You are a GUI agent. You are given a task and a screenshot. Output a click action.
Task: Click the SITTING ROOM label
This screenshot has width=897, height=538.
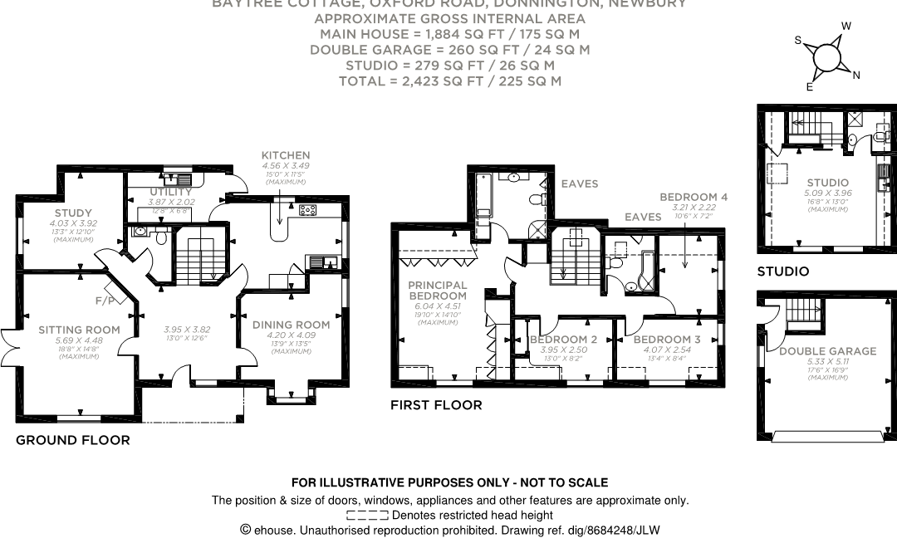[79, 330]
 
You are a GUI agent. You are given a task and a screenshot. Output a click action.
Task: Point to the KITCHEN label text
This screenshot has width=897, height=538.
[285, 155]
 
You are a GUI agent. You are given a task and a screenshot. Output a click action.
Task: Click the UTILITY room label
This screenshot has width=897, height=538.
[169, 192]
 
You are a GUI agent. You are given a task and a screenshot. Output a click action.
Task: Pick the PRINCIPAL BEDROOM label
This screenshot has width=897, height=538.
[437, 291]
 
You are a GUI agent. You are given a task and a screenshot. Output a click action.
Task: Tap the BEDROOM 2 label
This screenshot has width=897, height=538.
[563, 340]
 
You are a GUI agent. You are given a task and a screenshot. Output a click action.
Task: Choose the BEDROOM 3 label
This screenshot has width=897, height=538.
[667, 340]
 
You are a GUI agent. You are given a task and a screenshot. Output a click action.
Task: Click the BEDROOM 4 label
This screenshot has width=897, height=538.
[694, 197]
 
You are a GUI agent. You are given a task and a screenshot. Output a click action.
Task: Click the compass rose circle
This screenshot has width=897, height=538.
[828, 56]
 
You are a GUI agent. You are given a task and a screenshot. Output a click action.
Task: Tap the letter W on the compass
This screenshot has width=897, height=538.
[846, 27]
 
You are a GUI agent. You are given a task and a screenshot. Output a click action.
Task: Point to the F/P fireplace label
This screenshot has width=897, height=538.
[105, 300]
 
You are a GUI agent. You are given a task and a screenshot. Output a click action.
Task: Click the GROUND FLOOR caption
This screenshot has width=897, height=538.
[73, 440]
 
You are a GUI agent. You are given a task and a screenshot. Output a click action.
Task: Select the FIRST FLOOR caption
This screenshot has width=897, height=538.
[436, 405]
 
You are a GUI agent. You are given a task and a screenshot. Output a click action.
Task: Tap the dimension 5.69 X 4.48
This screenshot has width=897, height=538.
[79, 341]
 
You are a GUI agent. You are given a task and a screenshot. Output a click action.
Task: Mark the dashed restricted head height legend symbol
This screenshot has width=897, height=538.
[367, 516]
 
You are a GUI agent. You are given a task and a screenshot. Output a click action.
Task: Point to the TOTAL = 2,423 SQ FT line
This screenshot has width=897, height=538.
[449, 81]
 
